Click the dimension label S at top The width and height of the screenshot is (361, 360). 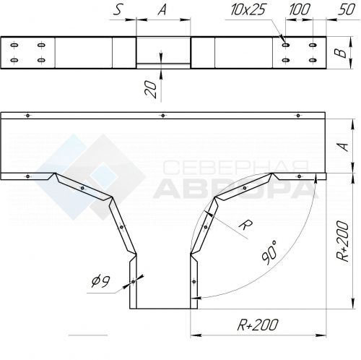(118, 11)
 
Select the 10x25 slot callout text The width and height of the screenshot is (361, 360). (248, 10)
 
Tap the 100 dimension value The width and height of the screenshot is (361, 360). (299, 10)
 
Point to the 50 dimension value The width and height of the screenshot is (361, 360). (347, 10)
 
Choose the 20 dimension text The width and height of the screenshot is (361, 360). (151, 89)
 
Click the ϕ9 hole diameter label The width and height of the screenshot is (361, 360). (101, 281)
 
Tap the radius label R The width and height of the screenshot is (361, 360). (245, 226)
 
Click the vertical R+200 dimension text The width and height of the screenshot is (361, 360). (343, 241)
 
